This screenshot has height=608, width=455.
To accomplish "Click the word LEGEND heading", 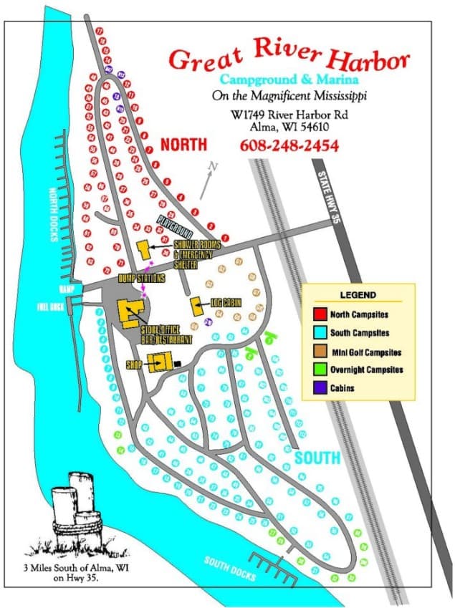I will point(358,295).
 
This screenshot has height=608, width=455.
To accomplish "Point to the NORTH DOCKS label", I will point(52,214).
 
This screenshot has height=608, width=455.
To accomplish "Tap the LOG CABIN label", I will point(225,303).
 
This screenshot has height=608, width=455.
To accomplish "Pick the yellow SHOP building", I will point(161,362).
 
